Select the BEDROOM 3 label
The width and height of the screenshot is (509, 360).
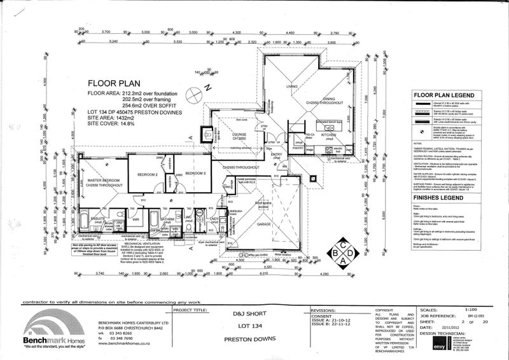pyautogui.click(x=195, y=174)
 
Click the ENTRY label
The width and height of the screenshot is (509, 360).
pyautogui.click(x=276, y=155)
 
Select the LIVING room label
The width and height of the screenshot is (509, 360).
pyautogui.click(x=291, y=87)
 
